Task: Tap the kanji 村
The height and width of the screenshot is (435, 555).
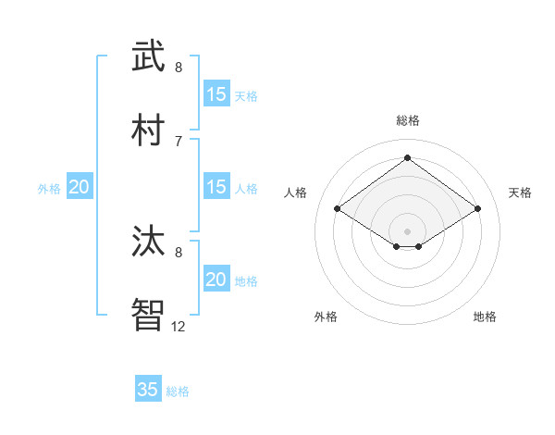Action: (148, 130)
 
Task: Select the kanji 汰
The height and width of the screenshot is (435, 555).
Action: (148, 241)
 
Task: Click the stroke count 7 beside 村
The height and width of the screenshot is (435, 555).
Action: (179, 141)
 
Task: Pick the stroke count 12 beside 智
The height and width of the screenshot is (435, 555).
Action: (179, 326)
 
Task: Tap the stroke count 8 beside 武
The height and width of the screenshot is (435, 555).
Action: (179, 67)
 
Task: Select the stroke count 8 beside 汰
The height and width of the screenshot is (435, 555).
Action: (179, 252)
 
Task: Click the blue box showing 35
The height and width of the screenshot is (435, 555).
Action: (148, 390)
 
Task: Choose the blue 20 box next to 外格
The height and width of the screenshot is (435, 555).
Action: (80, 187)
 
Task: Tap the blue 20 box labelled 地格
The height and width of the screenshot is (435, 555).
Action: (216, 280)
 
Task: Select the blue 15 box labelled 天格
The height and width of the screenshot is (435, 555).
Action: (216, 94)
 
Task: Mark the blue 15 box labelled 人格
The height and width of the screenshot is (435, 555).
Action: (216, 187)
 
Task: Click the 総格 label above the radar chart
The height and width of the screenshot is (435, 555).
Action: (407, 120)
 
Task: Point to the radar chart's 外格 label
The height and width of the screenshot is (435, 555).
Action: (326, 317)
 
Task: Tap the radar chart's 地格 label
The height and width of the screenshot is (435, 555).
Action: (485, 317)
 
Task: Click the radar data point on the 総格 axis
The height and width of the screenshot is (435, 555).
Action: (407, 157)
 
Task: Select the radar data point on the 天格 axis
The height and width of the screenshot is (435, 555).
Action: (477, 209)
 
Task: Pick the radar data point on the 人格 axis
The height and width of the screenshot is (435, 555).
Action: (338, 209)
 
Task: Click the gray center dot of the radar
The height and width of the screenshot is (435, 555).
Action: (407, 230)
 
